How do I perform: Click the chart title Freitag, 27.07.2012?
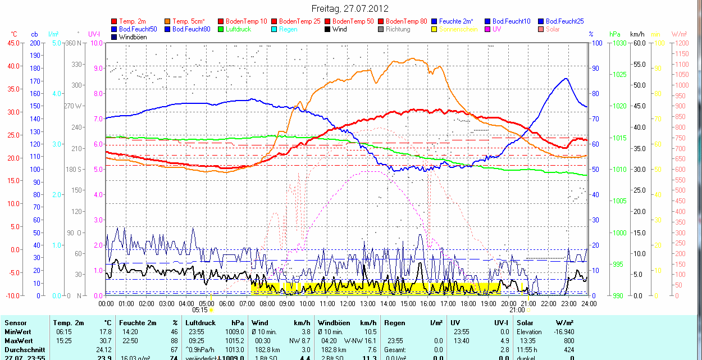(x=350, y=8)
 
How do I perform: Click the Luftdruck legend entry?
(x=238, y=29)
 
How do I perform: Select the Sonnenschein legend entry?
(x=458, y=29)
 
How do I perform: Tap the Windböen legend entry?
(x=133, y=37)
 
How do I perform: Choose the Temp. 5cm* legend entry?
(x=188, y=21)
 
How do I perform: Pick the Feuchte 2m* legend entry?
(x=457, y=21)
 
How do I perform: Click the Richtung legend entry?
(x=398, y=29)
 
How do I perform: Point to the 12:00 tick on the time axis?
(x=347, y=304)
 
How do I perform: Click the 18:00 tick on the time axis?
(x=468, y=304)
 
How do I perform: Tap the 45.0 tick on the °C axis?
(x=12, y=43)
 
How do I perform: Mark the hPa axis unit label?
(x=615, y=34)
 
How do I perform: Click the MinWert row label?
(x=17, y=332)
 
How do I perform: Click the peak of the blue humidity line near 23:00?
(x=566, y=79)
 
